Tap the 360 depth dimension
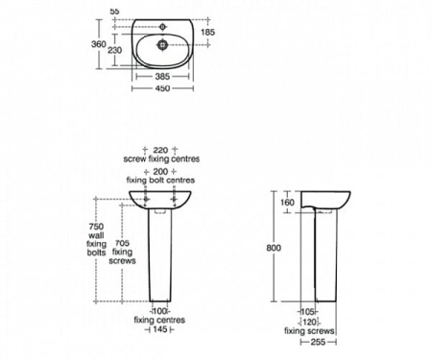(111, 44)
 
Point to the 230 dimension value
(114, 50)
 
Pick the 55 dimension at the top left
(115, 10)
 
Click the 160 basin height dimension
(287, 203)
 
